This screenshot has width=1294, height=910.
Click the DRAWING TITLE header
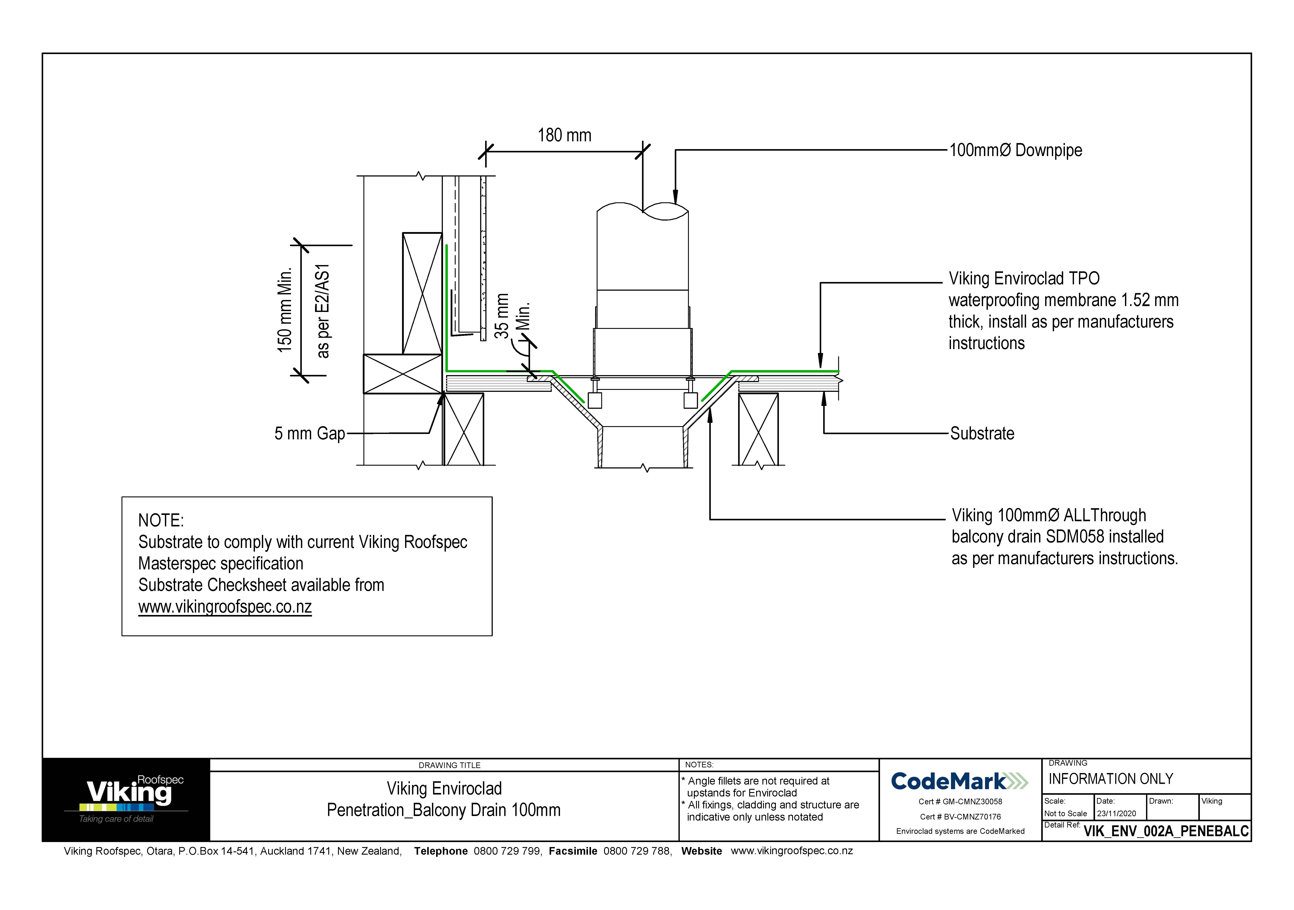point(449,765)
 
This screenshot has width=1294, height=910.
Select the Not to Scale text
point(1065,814)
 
